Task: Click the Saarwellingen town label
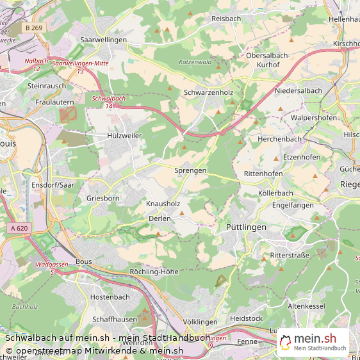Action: (x=104, y=40)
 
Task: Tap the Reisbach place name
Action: (x=226, y=19)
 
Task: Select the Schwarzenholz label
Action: (x=208, y=92)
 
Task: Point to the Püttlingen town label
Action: (x=246, y=227)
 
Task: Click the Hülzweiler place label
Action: (x=124, y=136)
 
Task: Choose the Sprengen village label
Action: (x=190, y=170)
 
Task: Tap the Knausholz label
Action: (x=163, y=204)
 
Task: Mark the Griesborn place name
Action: (x=103, y=199)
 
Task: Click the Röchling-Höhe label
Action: (x=153, y=272)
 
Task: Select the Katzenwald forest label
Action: (x=195, y=61)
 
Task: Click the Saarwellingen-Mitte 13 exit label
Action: (x=80, y=67)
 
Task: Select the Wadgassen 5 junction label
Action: (x=52, y=268)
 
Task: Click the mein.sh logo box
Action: (x=313, y=343)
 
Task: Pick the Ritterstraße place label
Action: (x=290, y=255)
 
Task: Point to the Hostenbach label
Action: (x=110, y=297)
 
